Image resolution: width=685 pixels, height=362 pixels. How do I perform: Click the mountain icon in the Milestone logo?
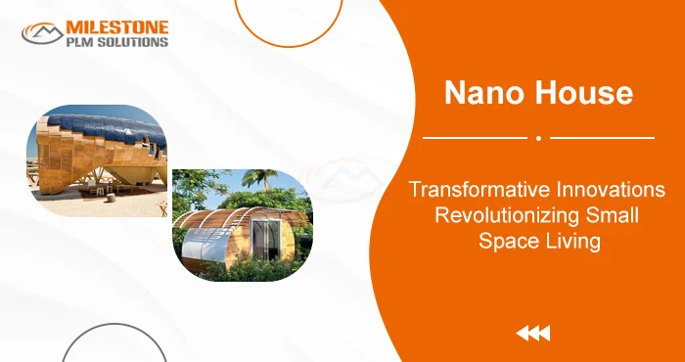coord(43,33)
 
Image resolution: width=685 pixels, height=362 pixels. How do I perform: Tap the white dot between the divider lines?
coord(538,138)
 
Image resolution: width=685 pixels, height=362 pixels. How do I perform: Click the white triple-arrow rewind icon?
coord(532,335)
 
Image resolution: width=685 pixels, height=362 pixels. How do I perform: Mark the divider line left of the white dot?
coord(475,138)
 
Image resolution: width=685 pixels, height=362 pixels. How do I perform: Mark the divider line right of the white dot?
coord(601,138)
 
